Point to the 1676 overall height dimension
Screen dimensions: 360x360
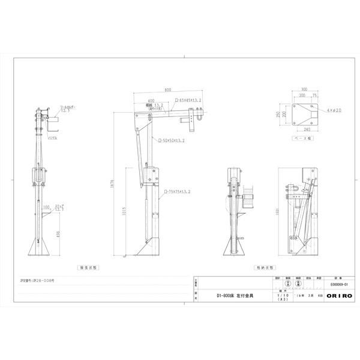click(x=112, y=186)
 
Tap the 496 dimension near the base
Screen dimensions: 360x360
click(x=58, y=234)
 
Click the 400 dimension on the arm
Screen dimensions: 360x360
click(x=150, y=101)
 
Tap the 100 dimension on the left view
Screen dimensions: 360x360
click(x=46, y=206)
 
